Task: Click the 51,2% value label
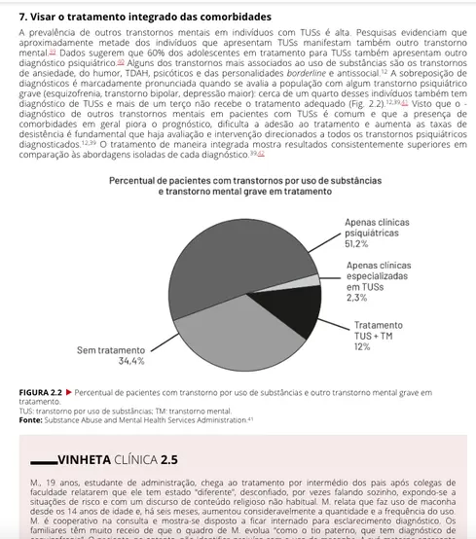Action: click(355, 244)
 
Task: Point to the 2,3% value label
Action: click(356, 298)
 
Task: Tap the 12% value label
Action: click(361, 346)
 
